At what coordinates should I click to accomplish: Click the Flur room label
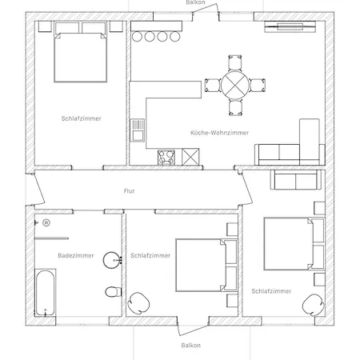point(130,191)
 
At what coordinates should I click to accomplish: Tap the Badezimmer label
point(76,255)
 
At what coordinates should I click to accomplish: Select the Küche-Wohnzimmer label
point(219,133)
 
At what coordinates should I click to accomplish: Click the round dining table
point(235,86)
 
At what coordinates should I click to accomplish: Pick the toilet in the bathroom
point(114,292)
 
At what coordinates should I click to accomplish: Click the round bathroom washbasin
point(111,260)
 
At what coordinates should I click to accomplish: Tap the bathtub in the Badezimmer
point(46,293)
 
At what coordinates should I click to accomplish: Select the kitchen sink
point(138,130)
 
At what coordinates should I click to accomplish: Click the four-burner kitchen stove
point(166,158)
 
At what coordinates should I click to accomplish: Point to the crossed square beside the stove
point(190,157)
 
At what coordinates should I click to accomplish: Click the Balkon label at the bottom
point(191,346)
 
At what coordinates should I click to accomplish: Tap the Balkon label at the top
point(196,2)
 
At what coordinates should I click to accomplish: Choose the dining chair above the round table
point(235,63)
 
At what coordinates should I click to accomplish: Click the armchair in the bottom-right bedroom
point(314,305)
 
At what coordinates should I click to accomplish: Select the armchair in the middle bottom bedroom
point(138,303)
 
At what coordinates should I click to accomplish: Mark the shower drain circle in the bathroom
point(46,222)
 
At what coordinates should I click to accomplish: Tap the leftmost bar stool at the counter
point(137,37)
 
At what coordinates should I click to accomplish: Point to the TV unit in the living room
point(290,26)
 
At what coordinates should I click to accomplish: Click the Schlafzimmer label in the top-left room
point(82,118)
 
